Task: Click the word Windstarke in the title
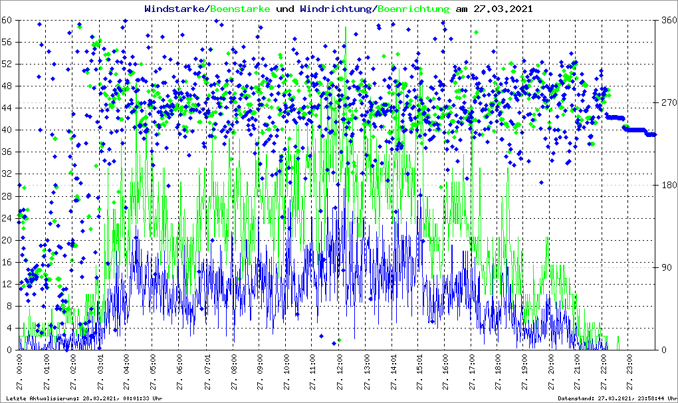(x=175, y=9)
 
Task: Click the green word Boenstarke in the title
(x=240, y=9)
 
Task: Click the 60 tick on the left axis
(x=7, y=20)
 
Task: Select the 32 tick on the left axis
(x=7, y=174)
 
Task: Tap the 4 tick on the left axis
(x=10, y=328)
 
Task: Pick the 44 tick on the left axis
(x=7, y=108)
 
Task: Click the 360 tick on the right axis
(x=666, y=20)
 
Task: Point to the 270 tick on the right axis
(x=666, y=102)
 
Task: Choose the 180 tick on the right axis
(x=666, y=185)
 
